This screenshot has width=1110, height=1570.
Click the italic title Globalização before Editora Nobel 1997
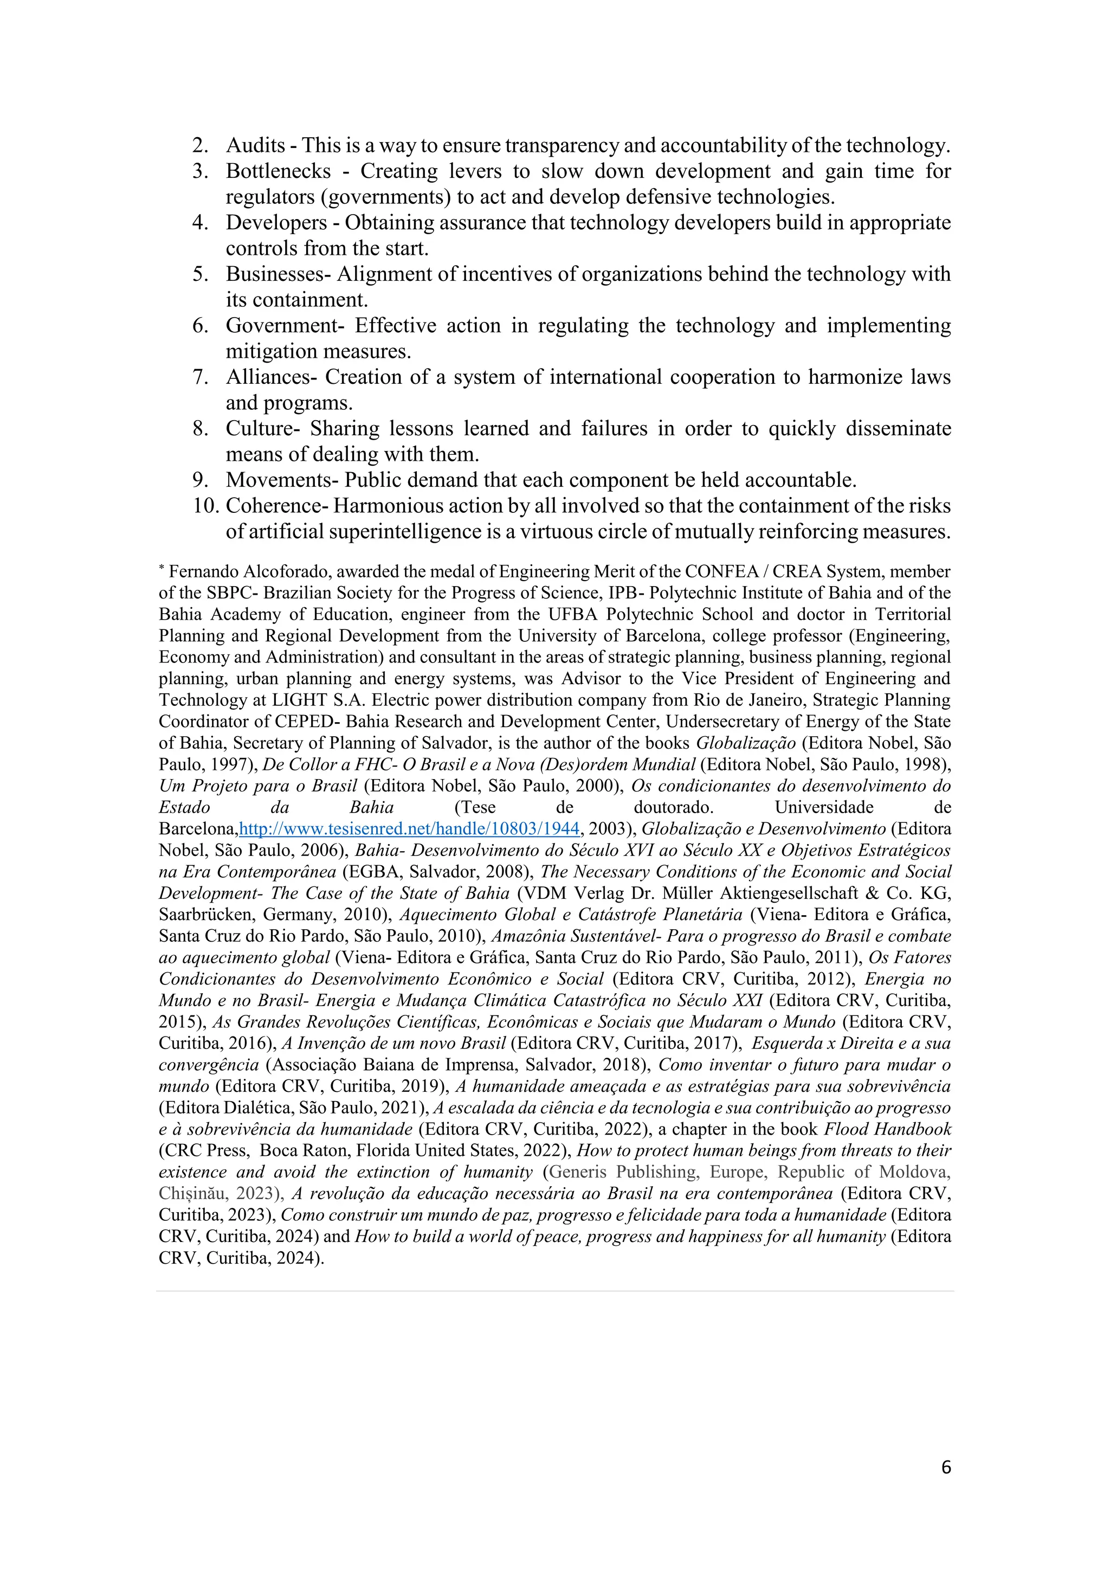coord(746,743)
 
